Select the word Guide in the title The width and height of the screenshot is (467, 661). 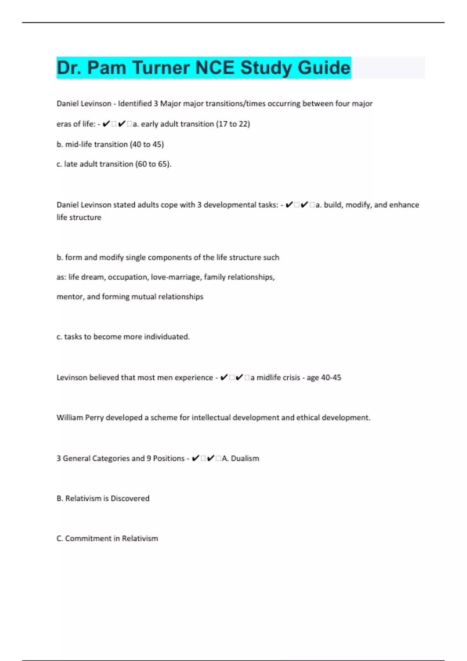coord(324,68)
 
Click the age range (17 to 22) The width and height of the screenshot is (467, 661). coord(233,124)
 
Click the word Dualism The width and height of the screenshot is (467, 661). coord(245,458)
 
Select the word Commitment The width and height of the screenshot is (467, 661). coord(88,539)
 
